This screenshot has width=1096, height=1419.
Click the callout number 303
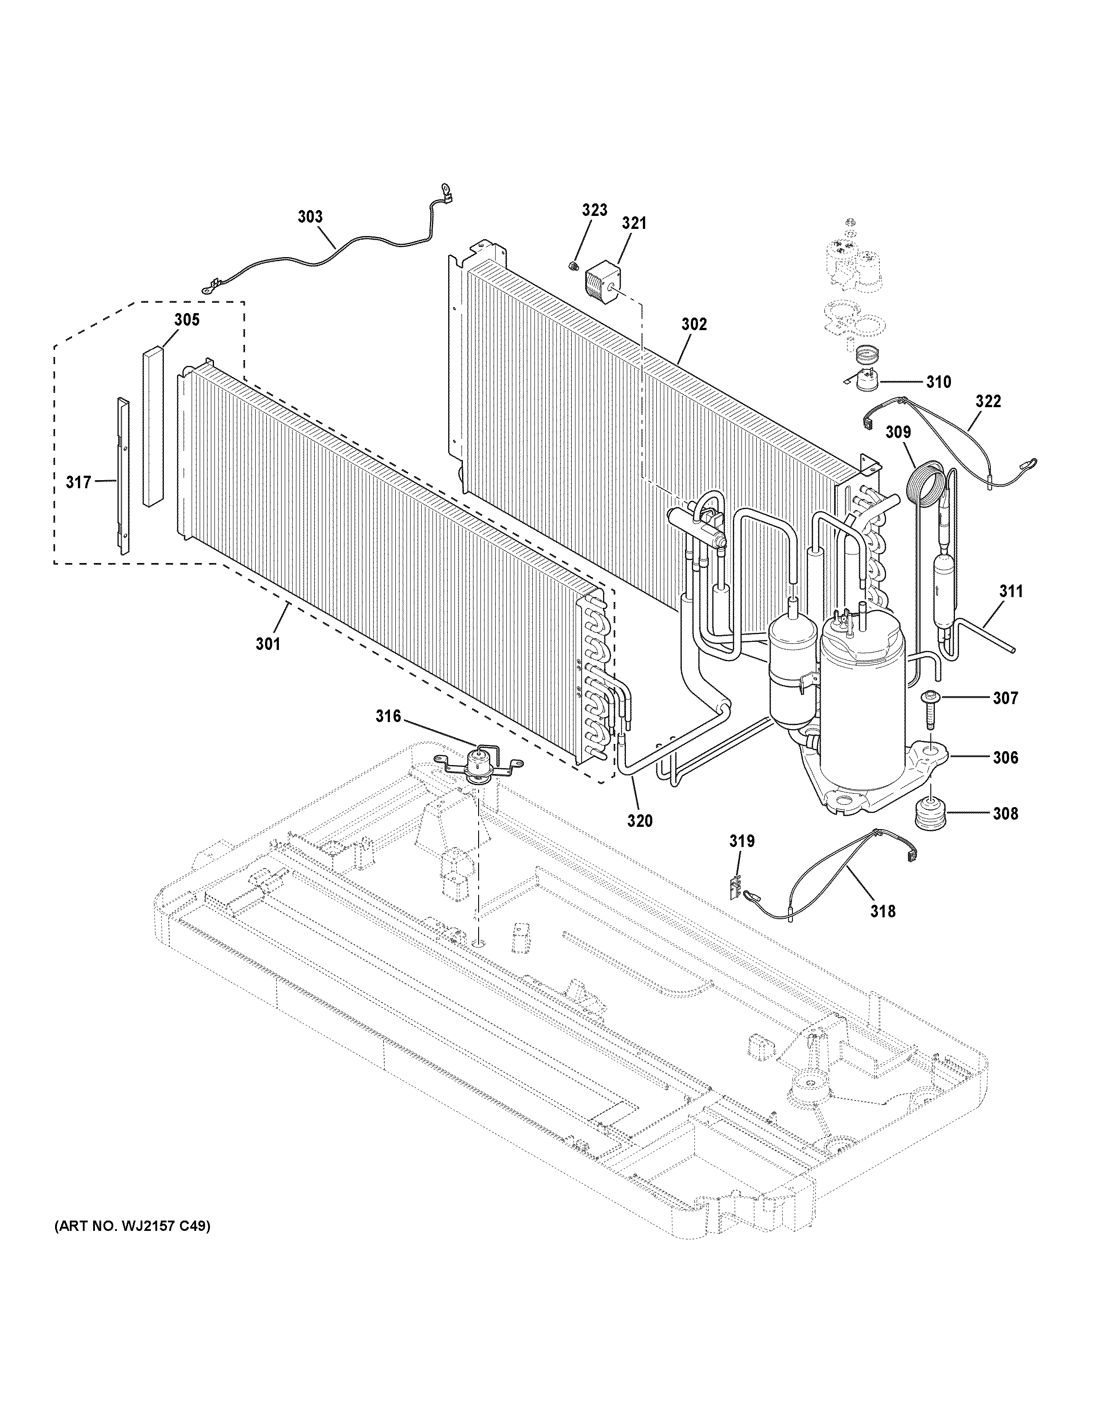point(310,216)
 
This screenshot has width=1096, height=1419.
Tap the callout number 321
point(634,223)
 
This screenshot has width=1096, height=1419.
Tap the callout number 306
point(1005,757)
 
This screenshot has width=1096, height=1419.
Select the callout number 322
point(988,401)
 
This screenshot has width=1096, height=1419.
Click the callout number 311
point(1011,591)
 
